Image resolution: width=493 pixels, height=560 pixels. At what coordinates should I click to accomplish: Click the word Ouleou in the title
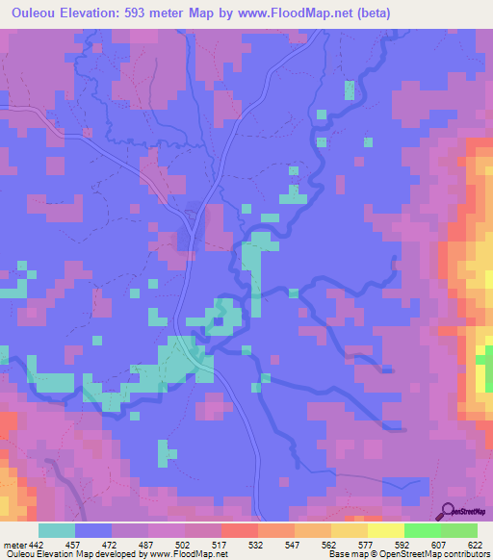(x=38, y=13)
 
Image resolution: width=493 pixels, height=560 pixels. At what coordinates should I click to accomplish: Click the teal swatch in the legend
(x=57, y=531)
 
